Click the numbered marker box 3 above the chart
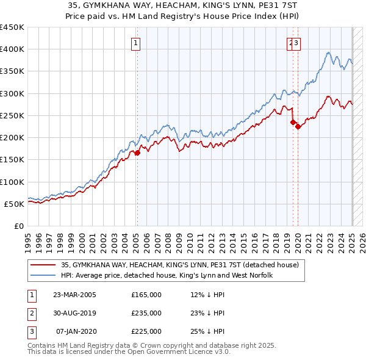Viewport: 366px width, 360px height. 296,43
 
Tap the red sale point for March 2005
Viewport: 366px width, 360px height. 137,153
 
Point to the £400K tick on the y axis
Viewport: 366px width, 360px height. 12,49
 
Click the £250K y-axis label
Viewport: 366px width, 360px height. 12,115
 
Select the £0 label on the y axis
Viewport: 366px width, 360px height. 19,226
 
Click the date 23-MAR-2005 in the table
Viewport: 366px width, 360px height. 74,295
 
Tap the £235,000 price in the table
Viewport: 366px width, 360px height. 146,313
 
